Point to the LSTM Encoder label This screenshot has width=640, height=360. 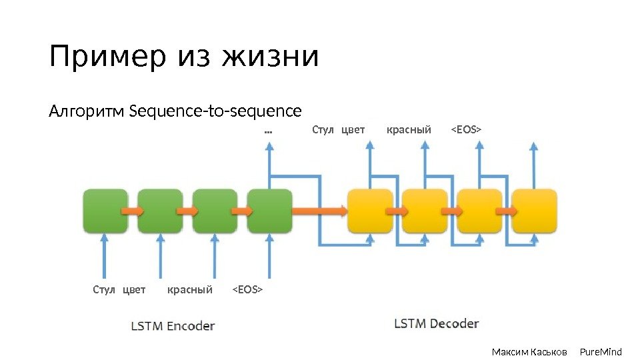point(173,326)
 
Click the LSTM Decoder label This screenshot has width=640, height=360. point(437,324)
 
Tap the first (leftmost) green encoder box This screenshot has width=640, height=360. point(105,211)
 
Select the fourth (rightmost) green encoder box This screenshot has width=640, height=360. point(270,211)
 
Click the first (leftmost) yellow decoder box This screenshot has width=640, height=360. point(371,211)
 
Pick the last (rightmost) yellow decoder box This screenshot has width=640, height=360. point(535,211)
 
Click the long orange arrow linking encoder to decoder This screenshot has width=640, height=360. point(320,211)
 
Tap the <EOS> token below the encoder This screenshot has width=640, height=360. point(247,289)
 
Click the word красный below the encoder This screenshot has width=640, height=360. point(190,289)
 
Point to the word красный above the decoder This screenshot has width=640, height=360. point(409,129)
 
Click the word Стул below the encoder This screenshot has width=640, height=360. point(104,289)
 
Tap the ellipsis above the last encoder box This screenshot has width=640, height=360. point(269,131)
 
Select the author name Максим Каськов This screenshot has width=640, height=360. point(529,351)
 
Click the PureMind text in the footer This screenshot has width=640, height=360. point(601,351)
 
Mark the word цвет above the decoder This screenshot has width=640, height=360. point(353,129)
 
